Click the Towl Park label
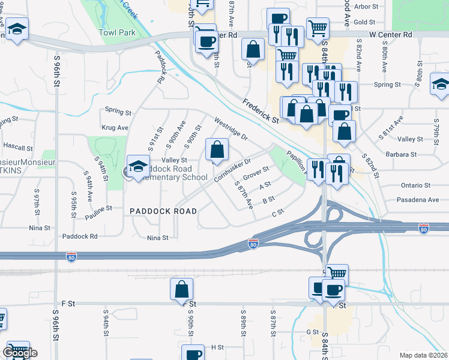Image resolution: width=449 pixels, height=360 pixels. tap(118, 32)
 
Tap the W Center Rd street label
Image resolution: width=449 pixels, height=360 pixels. tap(391, 35)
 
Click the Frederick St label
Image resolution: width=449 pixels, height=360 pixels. tap(261, 111)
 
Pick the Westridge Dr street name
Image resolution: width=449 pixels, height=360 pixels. tap(231, 128)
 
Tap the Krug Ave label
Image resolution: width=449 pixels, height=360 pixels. tap(115, 128)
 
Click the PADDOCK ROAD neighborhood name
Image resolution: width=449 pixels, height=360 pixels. tap(163, 211)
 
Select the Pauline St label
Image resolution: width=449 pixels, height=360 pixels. tap(98, 209)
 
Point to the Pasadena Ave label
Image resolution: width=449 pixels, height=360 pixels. tap(418, 199)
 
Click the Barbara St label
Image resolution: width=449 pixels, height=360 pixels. tap(401, 154)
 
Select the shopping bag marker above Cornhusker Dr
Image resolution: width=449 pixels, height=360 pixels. tap(217, 149)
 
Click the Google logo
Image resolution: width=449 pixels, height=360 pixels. tap(19, 352)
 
